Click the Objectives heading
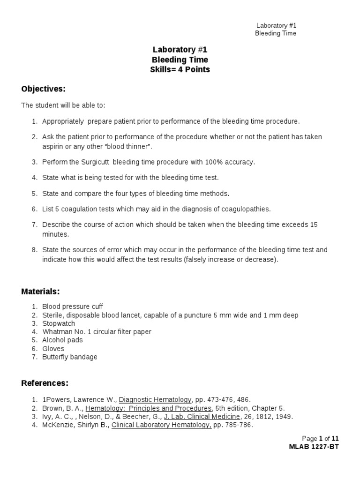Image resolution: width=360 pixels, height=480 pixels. point(44,89)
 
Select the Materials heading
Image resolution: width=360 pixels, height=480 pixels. point(41,292)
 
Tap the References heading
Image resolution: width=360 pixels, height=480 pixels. point(45,383)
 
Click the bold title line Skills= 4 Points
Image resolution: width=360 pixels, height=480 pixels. point(180,69)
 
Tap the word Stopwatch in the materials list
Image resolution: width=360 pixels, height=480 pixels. point(59,323)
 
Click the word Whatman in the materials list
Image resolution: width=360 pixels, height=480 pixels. point(56,332)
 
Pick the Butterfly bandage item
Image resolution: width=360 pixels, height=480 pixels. point(70,357)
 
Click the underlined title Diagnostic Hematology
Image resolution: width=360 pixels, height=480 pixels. point(155,400)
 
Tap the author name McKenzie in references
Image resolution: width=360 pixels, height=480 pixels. point(57,425)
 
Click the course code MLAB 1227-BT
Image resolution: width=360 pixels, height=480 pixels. point(314,447)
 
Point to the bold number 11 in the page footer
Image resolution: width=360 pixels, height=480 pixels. point(335,438)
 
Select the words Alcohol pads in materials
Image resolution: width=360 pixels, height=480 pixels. point(62,340)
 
